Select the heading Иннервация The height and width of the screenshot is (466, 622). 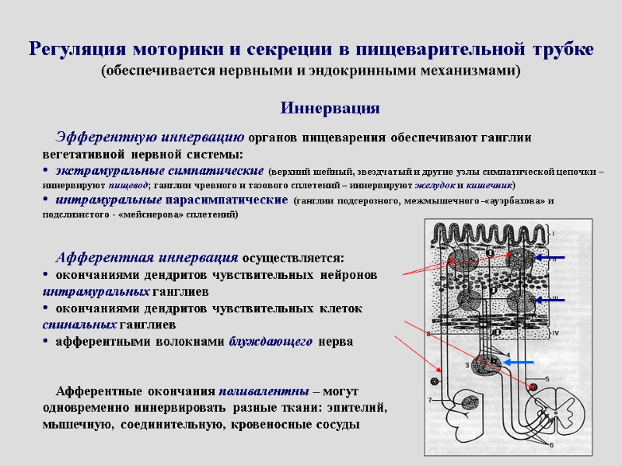point(330,108)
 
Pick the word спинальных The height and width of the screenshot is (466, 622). point(79,324)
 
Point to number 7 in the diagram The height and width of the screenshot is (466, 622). point(428,400)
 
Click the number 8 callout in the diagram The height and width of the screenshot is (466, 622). point(428,334)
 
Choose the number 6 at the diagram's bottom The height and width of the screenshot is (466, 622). point(552,445)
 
